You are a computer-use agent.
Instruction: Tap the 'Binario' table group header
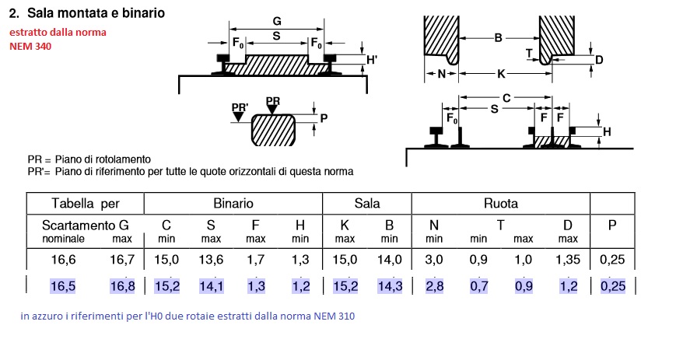[x=233, y=204]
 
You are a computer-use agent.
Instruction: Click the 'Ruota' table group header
[x=501, y=204]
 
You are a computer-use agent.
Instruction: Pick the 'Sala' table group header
[x=366, y=204]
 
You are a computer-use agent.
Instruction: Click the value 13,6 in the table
[x=212, y=260]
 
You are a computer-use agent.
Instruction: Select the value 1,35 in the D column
[x=568, y=260]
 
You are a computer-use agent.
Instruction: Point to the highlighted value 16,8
[x=122, y=286]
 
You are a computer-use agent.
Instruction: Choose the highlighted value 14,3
[x=389, y=286]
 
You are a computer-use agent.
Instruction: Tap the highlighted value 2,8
[x=434, y=286]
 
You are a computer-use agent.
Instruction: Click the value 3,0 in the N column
[x=434, y=260]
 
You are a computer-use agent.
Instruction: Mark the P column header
[x=612, y=224]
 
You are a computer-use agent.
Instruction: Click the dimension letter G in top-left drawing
[x=277, y=22]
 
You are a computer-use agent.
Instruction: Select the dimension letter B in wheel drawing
[x=497, y=37]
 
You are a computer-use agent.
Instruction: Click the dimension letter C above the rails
[x=506, y=98]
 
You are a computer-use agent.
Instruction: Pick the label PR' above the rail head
[x=240, y=107]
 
